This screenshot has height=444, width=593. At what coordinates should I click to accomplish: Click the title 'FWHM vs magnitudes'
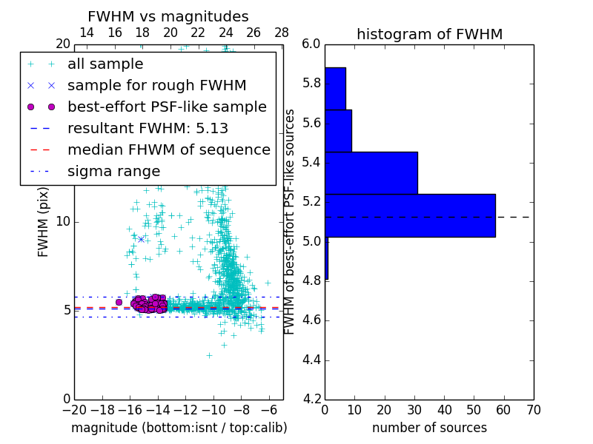coord(168,17)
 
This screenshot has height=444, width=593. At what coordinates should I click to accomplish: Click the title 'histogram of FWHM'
coord(429,34)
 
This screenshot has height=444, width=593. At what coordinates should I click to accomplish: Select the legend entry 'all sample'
coord(105,64)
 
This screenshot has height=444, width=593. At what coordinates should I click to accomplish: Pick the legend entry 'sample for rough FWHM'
coord(156,85)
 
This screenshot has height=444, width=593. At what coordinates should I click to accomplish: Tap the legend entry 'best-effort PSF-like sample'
coord(167,107)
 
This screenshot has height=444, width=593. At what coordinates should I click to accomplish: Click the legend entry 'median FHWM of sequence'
coord(168,149)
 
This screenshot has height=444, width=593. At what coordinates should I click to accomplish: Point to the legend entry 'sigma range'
coord(113,172)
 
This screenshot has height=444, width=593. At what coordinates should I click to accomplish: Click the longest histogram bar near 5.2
coord(410,215)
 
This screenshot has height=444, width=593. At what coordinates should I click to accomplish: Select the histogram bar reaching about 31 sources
coord(371,172)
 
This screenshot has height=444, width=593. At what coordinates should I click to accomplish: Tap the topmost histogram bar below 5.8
coord(335,88)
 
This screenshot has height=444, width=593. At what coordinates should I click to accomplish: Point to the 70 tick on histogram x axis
coord(533,410)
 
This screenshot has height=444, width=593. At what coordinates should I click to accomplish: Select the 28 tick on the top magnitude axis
coord(282,33)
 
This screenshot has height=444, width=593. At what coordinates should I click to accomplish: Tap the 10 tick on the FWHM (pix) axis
coord(63,221)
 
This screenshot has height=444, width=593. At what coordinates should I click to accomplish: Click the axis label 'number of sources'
coord(429,428)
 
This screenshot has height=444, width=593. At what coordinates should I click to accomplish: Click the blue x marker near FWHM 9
coord(141,238)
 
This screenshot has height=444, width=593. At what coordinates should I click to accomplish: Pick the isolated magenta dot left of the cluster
coord(119,302)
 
